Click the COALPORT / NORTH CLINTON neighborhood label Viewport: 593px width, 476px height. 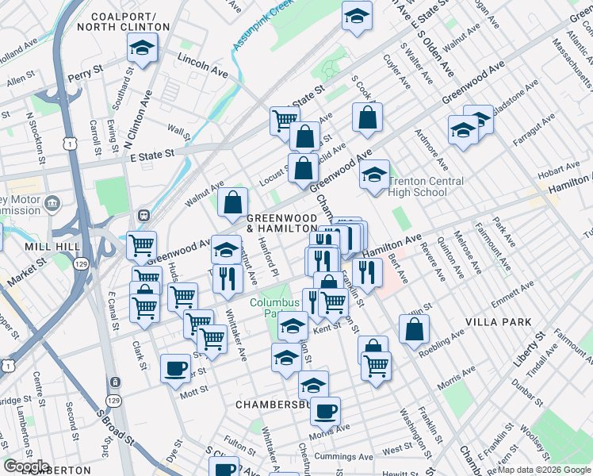point(131,21)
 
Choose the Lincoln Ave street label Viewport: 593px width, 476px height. point(202,66)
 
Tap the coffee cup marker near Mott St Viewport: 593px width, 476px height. point(176,367)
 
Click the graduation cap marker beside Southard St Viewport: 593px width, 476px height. point(143,49)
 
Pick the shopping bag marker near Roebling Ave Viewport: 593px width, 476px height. point(414,329)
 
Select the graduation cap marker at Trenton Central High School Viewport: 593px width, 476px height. point(375,175)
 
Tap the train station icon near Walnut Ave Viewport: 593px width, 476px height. point(144,215)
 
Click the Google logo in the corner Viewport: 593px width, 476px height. point(26,466)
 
